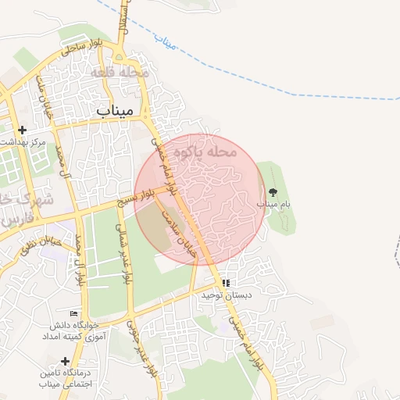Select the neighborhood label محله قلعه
[119, 73]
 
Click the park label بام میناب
[274, 204]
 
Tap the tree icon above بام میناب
[273, 191]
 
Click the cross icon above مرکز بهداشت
[22, 130]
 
